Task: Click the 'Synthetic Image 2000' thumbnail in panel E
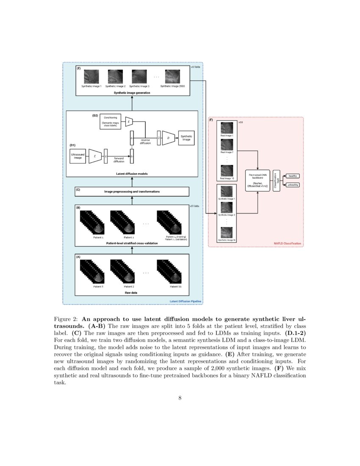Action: (x=172, y=77)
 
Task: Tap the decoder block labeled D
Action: (x=168, y=138)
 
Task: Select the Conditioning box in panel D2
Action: (x=111, y=121)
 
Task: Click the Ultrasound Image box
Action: (x=78, y=156)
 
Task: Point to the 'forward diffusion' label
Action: (x=119, y=160)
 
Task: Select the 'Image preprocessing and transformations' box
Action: (x=132, y=191)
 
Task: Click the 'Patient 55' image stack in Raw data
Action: (x=169, y=272)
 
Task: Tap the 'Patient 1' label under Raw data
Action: (x=99, y=287)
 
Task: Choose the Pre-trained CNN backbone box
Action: (x=258, y=180)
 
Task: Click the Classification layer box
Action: (x=277, y=180)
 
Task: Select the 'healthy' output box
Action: (x=293, y=176)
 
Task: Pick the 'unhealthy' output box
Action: (x=293, y=185)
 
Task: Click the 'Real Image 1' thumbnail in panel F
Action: (x=227, y=128)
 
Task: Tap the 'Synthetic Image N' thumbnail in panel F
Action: (x=227, y=233)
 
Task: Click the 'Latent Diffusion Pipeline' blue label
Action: (x=186, y=302)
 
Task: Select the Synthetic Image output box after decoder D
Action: (x=186, y=138)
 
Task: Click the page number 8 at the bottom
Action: (x=180, y=397)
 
